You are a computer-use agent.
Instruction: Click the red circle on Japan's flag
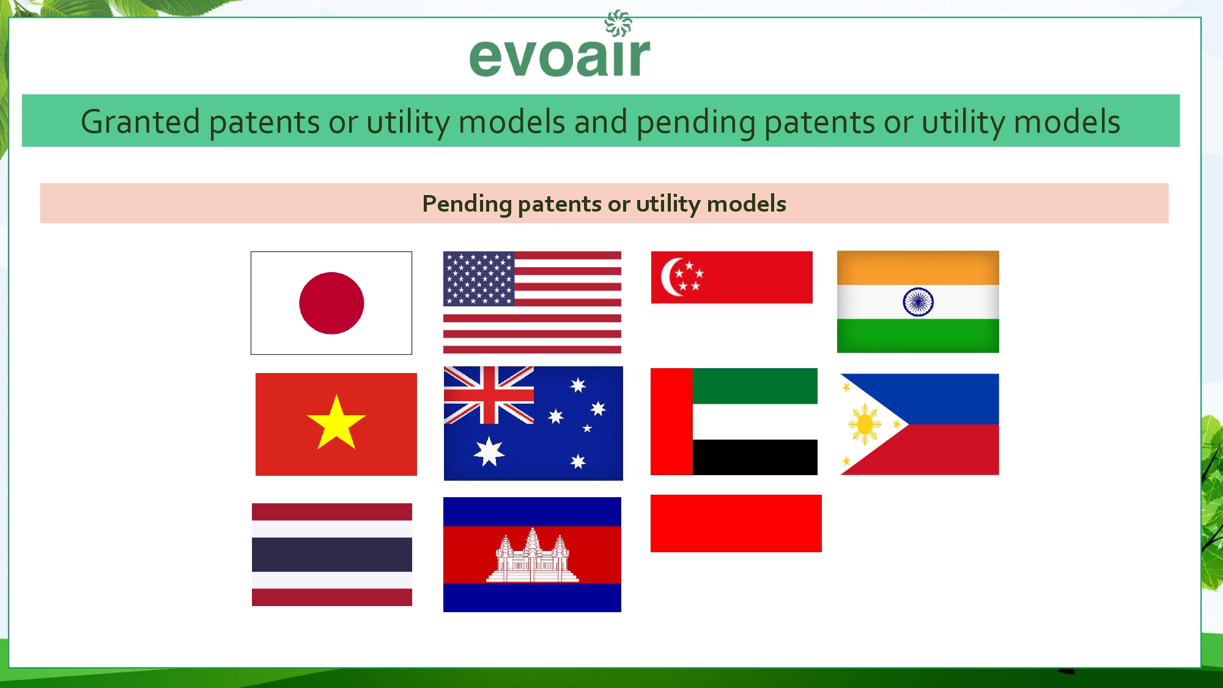pos(331,303)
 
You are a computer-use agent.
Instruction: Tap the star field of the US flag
pos(479,279)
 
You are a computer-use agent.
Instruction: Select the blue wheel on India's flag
pos(918,301)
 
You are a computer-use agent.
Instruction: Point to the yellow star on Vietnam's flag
pos(336,423)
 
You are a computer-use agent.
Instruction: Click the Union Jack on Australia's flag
pos(489,395)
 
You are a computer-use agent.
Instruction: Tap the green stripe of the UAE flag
pos(755,386)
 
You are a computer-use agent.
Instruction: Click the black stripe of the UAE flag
pos(755,457)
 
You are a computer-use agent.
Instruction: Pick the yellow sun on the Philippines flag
pos(865,424)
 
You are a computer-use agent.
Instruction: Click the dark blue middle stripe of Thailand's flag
pos(332,555)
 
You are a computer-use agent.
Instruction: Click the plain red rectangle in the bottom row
pos(736,523)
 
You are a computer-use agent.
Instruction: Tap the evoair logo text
pos(560,57)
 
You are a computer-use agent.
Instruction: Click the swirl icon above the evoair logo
pos(618,23)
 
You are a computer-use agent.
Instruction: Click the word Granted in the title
pos(140,122)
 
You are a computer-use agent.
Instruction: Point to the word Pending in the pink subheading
pos(467,204)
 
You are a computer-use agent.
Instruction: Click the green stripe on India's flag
pos(918,336)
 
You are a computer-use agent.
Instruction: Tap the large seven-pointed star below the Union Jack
pos(489,451)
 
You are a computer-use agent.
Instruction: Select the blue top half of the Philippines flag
pos(942,399)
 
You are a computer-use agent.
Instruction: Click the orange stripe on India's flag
pos(918,268)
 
